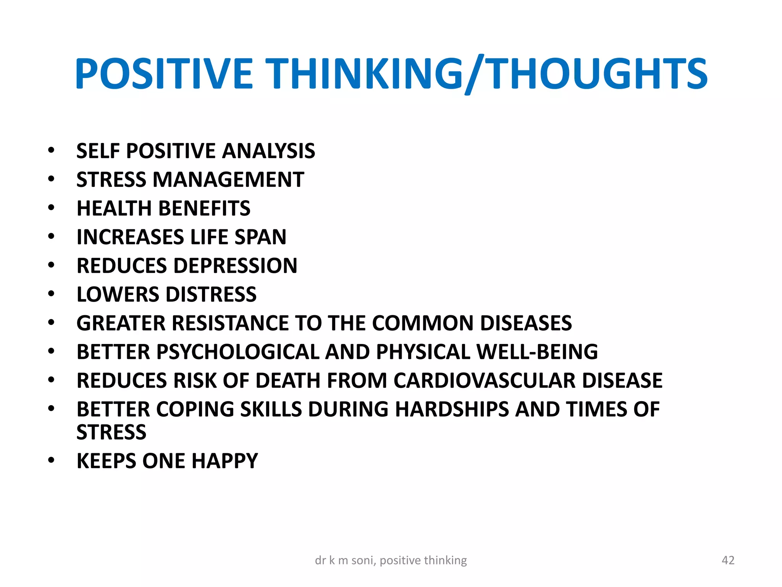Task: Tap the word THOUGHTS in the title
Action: pos(598,73)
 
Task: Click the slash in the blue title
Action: pos(474,75)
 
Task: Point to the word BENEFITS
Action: pos(204,208)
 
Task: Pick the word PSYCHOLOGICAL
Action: pos(238,352)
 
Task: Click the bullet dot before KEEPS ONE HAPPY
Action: pos(51,460)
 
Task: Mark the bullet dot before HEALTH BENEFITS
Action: pos(51,208)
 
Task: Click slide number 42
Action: pos(728,560)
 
